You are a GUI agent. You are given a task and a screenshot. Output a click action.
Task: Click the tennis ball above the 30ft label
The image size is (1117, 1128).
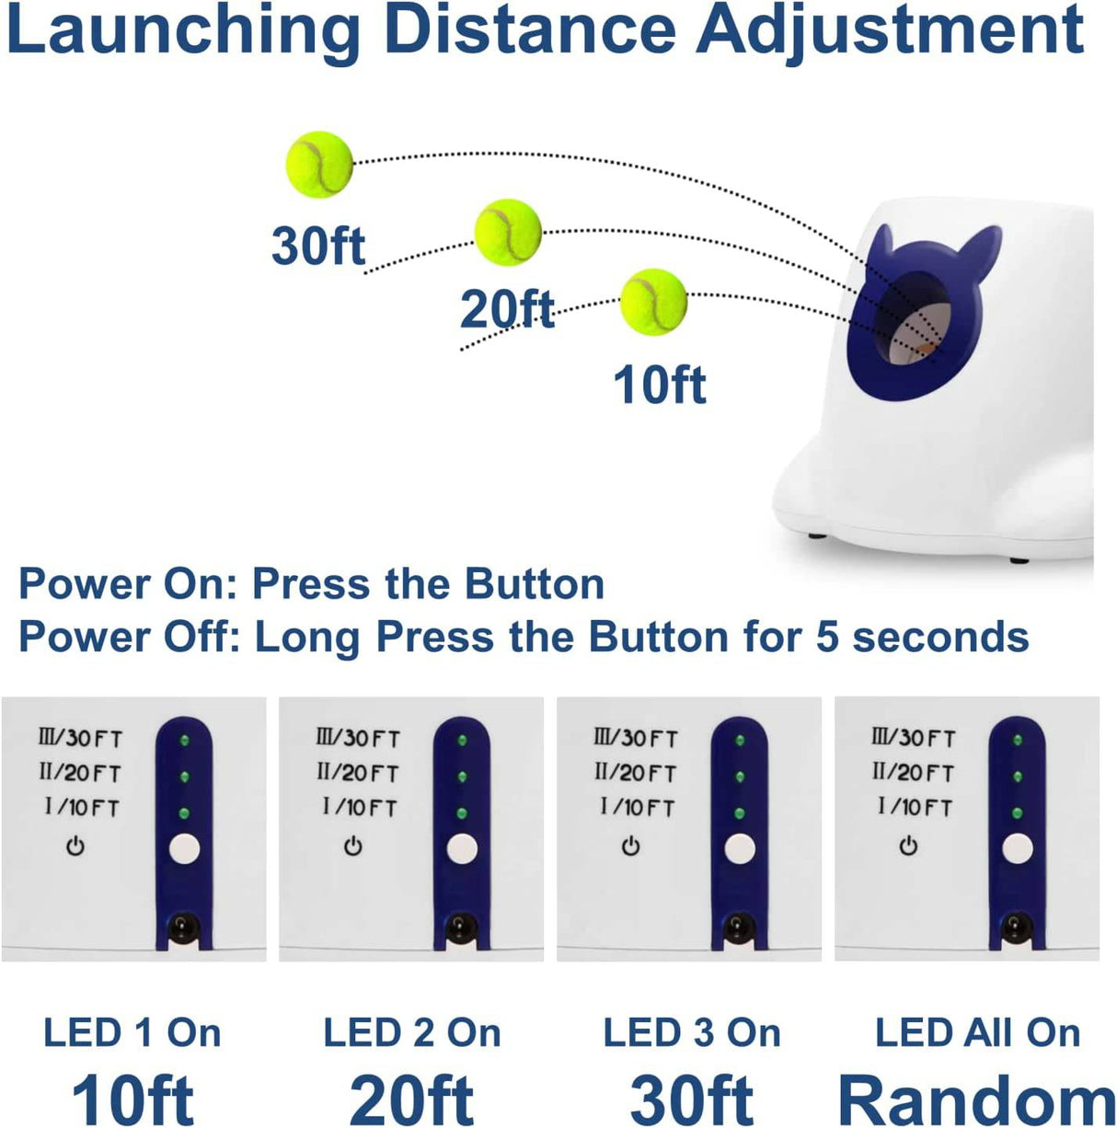(x=319, y=165)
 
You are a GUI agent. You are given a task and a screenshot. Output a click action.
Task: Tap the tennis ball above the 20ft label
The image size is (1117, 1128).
(x=508, y=232)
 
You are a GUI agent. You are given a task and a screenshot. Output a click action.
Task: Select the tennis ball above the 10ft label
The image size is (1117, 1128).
(x=653, y=302)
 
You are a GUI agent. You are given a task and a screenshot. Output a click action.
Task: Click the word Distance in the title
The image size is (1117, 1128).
(x=530, y=29)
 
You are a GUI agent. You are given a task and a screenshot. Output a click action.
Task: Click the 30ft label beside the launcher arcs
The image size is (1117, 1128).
(x=318, y=246)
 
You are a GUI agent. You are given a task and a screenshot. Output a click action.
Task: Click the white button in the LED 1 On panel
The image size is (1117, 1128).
(x=184, y=848)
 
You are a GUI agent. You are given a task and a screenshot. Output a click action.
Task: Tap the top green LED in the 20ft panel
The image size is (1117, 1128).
(x=462, y=741)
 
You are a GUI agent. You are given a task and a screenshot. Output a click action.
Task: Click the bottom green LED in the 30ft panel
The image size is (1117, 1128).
(x=740, y=813)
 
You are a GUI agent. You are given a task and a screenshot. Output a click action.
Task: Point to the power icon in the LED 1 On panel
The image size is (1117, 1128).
(x=75, y=846)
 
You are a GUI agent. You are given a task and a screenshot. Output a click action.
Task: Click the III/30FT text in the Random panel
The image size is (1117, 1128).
(x=914, y=739)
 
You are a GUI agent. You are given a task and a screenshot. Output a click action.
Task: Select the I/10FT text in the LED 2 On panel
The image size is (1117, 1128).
(x=360, y=809)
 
